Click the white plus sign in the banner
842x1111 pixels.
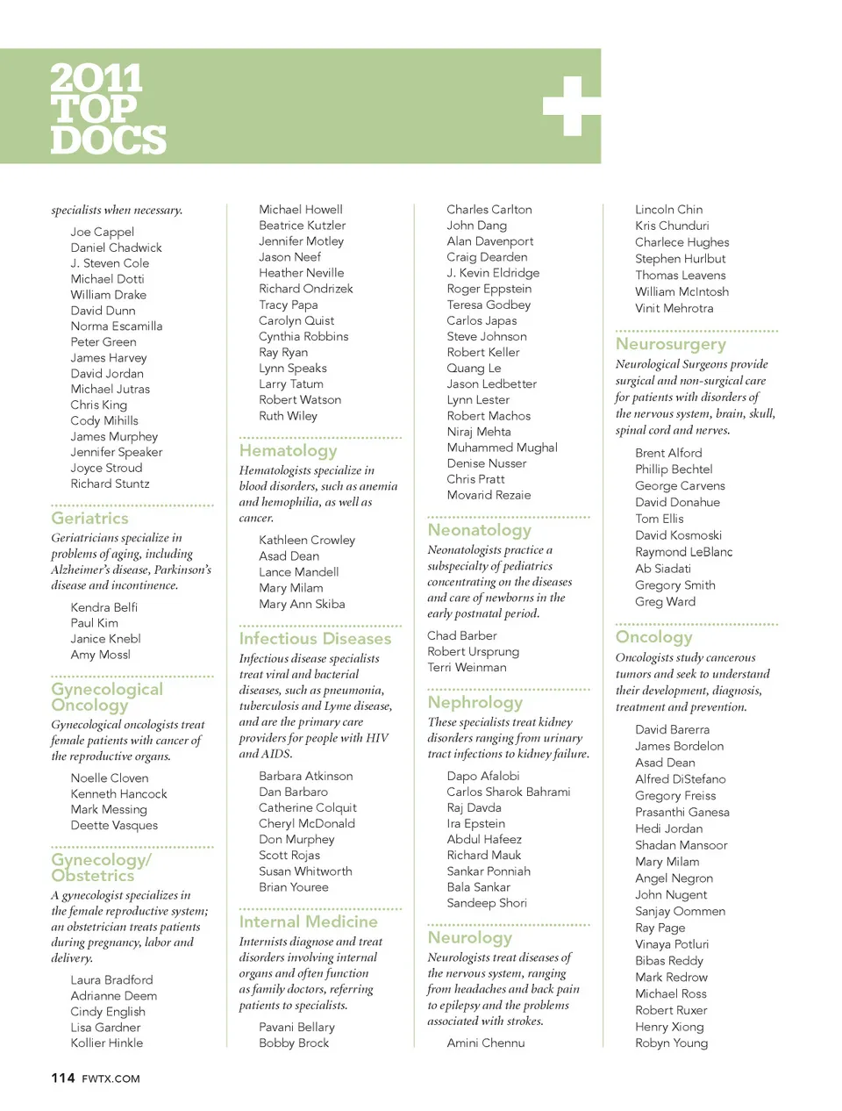(571, 106)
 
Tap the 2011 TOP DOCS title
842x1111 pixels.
(107, 109)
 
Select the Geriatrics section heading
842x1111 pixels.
(89, 519)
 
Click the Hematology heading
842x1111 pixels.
(288, 451)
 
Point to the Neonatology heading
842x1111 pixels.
(479, 530)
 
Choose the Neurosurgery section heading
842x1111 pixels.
(670, 344)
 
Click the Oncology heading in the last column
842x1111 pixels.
(653, 637)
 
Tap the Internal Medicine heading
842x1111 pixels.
(308, 921)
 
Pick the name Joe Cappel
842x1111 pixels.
(103, 232)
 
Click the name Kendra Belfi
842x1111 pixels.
(104, 607)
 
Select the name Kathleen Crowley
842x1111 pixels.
(307, 540)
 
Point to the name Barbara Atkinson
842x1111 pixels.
(306, 776)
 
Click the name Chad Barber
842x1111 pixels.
(462, 635)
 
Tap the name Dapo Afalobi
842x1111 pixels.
(483, 776)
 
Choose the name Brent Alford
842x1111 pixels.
(668, 453)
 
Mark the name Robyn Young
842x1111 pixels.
(671, 1043)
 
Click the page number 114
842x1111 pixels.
(63, 1078)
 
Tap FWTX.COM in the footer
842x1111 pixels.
(111, 1079)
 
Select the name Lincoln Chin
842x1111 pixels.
(668, 210)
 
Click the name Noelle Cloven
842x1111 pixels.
(110, 778)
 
